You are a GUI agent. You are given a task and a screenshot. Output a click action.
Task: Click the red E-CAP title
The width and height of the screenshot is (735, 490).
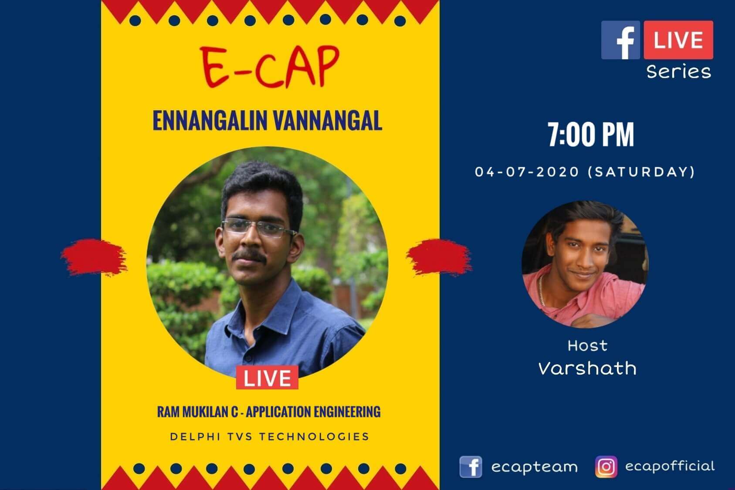269,67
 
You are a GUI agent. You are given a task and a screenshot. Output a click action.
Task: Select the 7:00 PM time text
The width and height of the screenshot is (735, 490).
591,135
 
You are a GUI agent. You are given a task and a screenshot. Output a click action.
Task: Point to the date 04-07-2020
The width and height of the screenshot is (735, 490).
527,172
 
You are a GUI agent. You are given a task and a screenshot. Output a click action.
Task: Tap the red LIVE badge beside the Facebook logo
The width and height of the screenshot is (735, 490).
678,40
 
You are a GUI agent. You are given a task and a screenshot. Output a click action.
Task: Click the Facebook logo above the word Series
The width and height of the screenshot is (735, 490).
620,40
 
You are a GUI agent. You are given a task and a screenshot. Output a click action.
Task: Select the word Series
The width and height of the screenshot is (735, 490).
678,71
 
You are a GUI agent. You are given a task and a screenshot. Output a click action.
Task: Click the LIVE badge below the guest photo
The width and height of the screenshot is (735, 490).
267,378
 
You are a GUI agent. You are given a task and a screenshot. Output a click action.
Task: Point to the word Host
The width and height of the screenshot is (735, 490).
587,346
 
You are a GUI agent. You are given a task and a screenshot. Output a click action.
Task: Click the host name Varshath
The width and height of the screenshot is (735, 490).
587,368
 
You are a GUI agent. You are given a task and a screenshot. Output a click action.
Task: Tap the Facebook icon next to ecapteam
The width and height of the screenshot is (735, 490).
471,467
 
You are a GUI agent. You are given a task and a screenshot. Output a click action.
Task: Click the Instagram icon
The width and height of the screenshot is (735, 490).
606,467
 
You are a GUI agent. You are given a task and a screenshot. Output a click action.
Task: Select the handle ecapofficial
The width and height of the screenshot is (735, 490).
670,466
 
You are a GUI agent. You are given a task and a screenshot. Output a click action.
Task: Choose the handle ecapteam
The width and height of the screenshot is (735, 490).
534,467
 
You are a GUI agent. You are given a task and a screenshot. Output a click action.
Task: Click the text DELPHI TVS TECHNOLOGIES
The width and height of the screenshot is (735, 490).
270,436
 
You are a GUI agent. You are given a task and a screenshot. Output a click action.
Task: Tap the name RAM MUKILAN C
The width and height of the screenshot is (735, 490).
197,412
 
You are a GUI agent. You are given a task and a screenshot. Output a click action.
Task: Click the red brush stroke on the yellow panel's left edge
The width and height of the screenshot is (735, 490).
94,257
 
